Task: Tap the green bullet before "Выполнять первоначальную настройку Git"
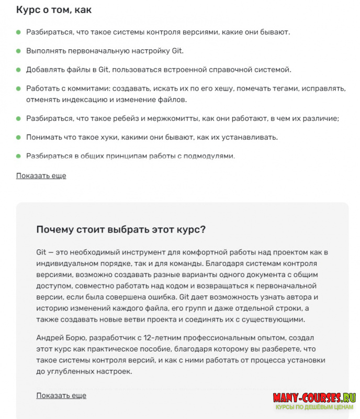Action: (18, 51)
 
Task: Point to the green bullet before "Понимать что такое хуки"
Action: (18, 137)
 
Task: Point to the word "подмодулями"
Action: (210, 156)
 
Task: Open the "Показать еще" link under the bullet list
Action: (41, 175)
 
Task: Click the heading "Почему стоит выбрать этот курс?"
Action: (121, 229)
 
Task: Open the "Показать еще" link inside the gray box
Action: (61, 395)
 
